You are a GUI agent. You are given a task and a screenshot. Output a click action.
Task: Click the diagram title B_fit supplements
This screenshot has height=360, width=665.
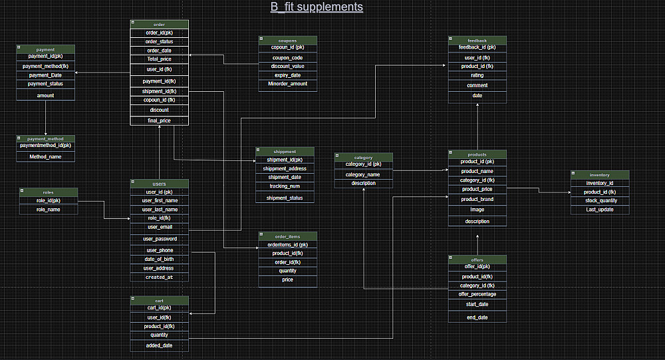[x=317, y=7]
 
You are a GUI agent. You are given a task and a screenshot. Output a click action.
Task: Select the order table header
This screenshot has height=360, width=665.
[x=159, y=24]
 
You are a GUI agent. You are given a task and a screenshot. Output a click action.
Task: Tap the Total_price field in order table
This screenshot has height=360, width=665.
[x=159, y=59]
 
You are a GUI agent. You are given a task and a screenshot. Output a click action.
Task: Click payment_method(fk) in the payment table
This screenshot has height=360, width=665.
[x=45, y=66]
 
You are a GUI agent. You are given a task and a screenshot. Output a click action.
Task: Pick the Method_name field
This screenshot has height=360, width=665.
[x=45, y=156]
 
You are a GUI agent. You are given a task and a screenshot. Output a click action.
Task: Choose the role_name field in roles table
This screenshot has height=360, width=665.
[x=48, y=210]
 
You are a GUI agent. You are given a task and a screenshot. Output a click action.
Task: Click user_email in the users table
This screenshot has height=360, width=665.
[x=160, y=227]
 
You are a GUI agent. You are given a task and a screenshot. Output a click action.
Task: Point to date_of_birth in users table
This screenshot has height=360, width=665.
[x=160, y=259]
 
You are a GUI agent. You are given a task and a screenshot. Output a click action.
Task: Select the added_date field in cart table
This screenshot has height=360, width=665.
[x=160, y=345]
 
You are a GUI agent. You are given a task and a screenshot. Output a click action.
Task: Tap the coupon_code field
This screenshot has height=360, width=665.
[x=287, y=57]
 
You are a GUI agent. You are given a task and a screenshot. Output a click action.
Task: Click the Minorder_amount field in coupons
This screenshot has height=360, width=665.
[x=287, y=84]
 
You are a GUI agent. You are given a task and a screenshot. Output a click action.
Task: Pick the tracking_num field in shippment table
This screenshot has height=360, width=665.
[x=285, y=186]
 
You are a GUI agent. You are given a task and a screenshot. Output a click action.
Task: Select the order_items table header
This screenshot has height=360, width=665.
[x=287, y=236]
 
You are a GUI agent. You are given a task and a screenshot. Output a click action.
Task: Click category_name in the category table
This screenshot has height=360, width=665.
[x=363, y=174]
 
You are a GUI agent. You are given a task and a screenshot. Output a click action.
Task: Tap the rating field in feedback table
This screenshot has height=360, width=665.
[x=477, y=75]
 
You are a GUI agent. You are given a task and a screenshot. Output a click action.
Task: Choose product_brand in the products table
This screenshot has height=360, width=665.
[x=477, y=199]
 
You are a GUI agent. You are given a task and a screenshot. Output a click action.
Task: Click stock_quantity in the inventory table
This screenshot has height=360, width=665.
[x=600, y=200]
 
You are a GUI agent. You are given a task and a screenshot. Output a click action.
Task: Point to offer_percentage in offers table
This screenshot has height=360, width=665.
[x=477, y=293]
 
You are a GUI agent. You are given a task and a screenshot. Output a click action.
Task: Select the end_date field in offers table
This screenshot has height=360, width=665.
[x=477, y=317]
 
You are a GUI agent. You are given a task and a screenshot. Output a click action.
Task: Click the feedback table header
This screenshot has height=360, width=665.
[x=477, y=40]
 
